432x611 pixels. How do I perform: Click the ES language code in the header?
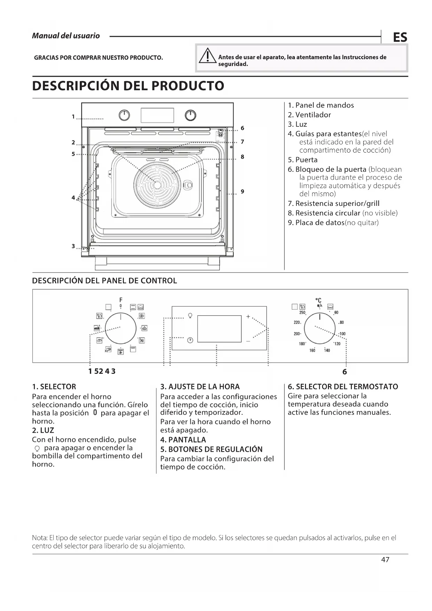[400, 37]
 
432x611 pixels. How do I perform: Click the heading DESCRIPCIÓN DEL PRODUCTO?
[128, 86]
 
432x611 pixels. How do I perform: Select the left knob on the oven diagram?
[124, 115]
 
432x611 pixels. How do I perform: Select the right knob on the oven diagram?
[190, 115]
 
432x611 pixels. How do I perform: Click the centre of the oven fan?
[157, 185]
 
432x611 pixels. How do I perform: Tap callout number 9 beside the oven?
[242, 192]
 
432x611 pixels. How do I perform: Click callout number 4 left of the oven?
[73, 198]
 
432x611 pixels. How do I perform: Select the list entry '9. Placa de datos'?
[333, 223]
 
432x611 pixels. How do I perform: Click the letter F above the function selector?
[121, 300]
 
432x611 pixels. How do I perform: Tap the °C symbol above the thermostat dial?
[318, 300]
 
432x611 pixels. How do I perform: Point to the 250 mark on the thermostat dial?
[302, 313]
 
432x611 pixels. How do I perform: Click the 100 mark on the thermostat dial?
[343, 334]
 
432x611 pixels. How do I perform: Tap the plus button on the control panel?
[248, 317]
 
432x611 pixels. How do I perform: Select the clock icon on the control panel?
[190, 340]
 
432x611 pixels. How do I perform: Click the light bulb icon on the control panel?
[190, 316]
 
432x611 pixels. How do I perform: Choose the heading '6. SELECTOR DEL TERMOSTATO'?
[343, 387]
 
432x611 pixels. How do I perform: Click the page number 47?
[385, 559]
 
